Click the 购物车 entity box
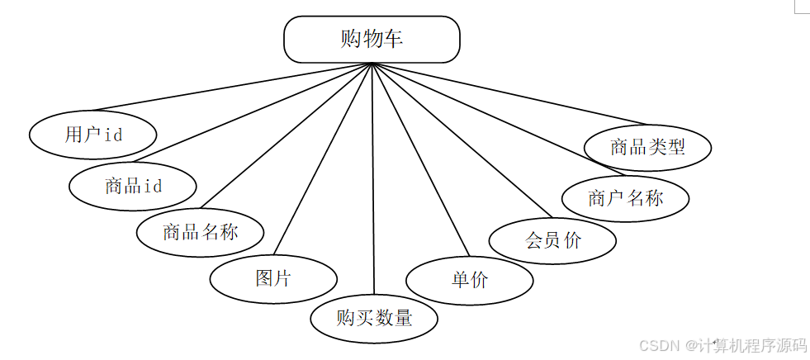(372, 39)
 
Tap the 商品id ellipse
(133, 186)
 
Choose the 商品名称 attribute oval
(200, 232)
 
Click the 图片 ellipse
(272, 278)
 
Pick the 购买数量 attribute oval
(374, 318)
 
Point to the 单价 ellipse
(470, 280)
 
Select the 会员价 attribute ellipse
(552, 240)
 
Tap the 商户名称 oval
(625, 199)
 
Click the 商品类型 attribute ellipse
(647, 148)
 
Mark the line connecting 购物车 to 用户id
(231, 87)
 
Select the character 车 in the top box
(394, 39)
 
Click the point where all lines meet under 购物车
(372, 64)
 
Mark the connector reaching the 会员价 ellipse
(462, 140)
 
